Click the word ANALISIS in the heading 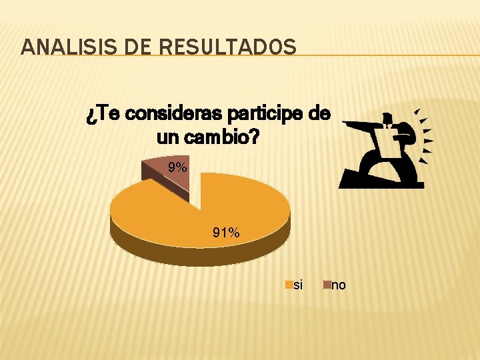coord(59,47)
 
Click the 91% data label coord(226,233)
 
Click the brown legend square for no coord(327,285)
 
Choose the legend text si coord(298,285)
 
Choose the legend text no coord(339,285)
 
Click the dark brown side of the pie coord(200,253)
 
